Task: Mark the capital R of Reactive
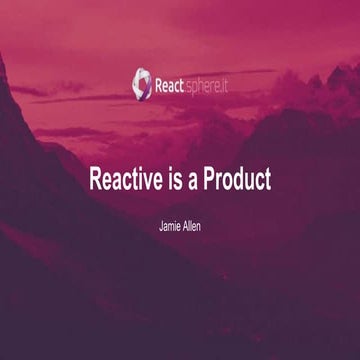click(x=97, y=181)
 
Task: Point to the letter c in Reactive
click(x=129, y=183)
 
